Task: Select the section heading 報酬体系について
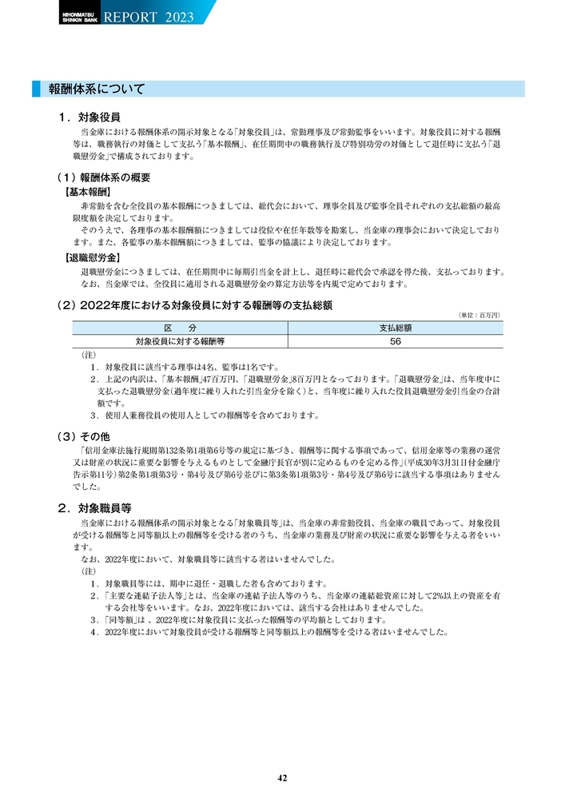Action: point(97,89)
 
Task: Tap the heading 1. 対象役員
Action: point(90,117)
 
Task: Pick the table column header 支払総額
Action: point(395,328)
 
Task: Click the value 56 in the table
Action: point(395,341)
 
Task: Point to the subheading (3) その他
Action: point(88,436)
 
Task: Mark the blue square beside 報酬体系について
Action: point(36,89)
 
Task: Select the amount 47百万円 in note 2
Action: point(221,379)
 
